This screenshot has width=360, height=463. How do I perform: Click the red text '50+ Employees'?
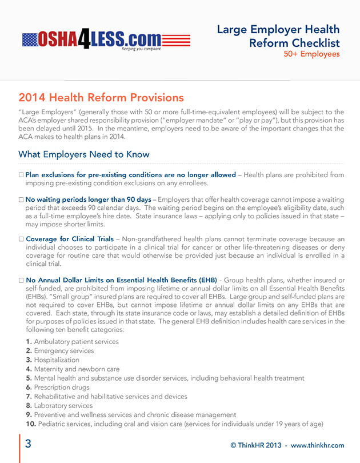pos(311,54)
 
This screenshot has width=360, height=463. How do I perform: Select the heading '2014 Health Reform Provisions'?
pos(101,97)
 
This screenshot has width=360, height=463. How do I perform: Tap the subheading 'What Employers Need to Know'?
pos(84,154)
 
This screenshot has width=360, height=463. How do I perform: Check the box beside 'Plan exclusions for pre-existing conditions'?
pos(21,175)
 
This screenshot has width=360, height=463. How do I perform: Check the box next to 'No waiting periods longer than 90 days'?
pos(21,200)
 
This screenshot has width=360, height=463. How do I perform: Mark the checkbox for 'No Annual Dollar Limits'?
pos(21,281)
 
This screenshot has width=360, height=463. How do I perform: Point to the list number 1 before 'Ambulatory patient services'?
pos(29,342)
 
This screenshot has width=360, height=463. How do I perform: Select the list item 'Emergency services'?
pos(64,351)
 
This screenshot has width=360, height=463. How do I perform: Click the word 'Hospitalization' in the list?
pos(57,360)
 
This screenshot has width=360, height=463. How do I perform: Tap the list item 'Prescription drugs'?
pos(62,388)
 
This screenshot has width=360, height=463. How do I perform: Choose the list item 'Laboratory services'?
pos(63,406)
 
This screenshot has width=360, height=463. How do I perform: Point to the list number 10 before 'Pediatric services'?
pos(31,424)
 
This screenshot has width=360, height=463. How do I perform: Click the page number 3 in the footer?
pos(27,445)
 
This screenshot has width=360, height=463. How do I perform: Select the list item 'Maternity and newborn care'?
pos(77,369)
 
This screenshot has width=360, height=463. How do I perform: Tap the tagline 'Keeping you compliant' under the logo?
pos(141,49)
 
